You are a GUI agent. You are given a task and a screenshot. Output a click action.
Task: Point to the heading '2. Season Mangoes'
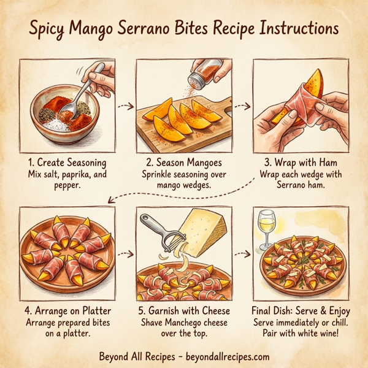(183, 164)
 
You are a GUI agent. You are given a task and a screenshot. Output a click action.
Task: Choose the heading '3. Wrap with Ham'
(301, 164)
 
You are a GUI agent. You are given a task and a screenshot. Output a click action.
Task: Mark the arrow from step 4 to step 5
(125, 253)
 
